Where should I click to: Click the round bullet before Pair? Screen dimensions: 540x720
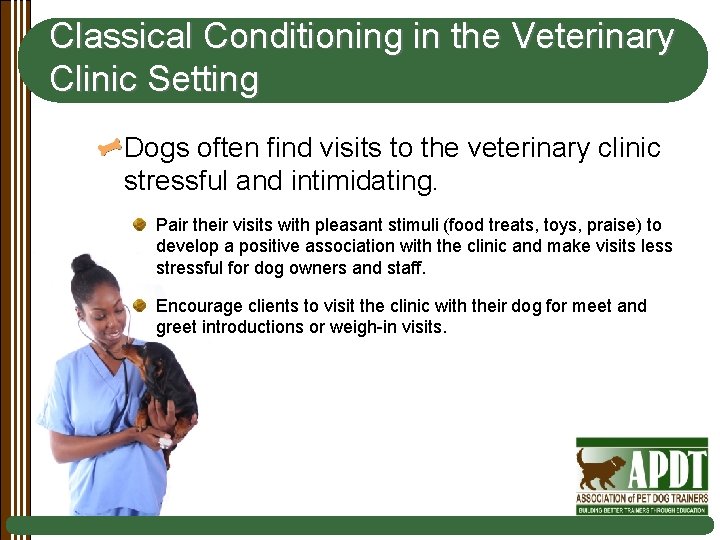point(142,225)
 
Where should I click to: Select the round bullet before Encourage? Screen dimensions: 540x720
point(142,305)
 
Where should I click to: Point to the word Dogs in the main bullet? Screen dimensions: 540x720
point(159,149)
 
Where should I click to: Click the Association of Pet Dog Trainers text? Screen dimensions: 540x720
point(642,497)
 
